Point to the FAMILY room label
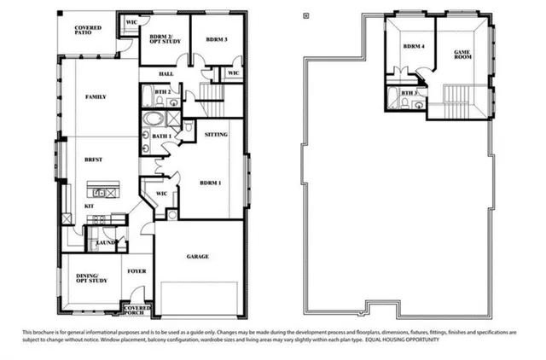click(96, 97)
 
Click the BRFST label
click(93, 160)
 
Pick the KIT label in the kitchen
click(89, 206)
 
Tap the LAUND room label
click(105, 243)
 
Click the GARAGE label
click(198, 256)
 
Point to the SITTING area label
click(217, 134)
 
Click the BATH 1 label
click(160, 136)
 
